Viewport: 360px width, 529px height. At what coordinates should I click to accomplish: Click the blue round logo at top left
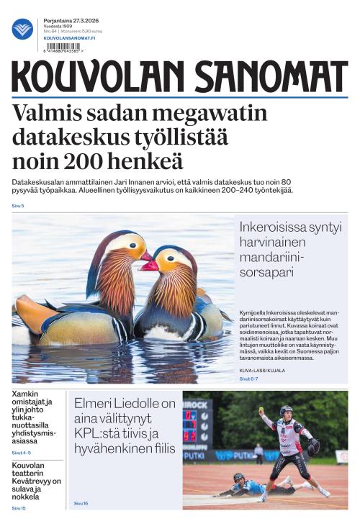(22, 29)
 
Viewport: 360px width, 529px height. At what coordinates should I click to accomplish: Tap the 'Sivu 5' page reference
(18, 206)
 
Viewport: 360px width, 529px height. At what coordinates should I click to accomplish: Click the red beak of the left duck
(146, 256)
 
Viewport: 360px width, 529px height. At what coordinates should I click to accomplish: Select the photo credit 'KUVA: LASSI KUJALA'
(262, 371)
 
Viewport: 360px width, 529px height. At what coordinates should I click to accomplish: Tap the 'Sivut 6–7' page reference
(248, 379)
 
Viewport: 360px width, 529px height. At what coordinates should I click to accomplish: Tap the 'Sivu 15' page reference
(18, 509)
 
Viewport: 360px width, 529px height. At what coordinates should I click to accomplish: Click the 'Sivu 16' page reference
(81, 503)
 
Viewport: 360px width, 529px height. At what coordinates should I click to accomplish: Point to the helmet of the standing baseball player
(286, 410)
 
